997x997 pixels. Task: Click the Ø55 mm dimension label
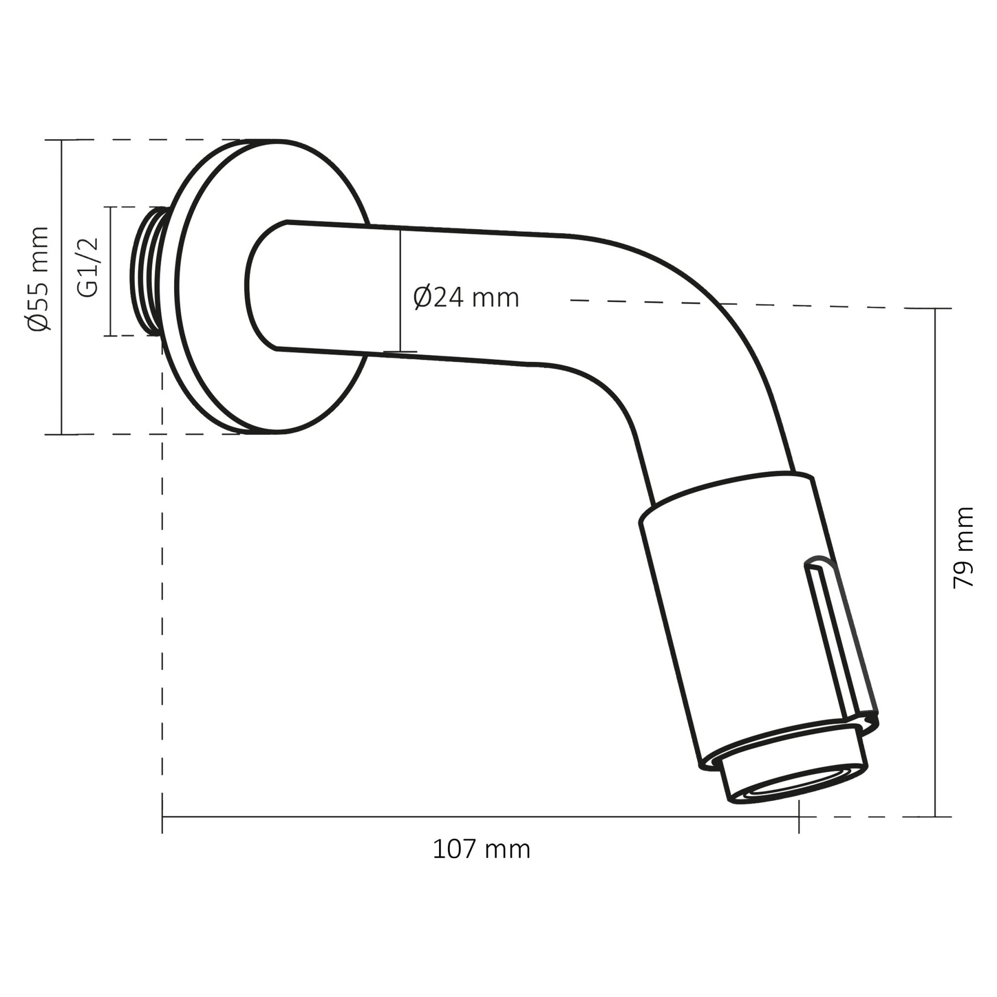point(39,278)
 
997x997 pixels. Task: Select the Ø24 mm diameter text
point(465,298)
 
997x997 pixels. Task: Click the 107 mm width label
point(481,849)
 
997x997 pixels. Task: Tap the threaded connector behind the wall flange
point(147,272)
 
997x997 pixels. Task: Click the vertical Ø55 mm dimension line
point(61,361)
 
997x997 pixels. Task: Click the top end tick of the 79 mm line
point(935,309)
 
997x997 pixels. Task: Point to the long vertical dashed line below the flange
point(162,593)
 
